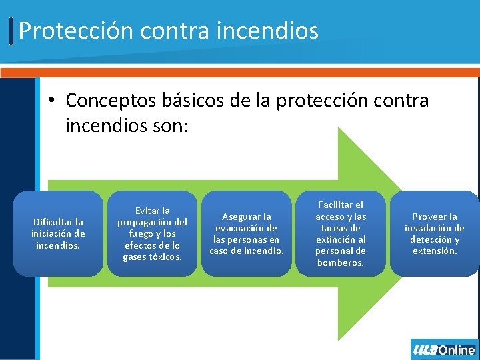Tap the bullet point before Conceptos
click(51, 101)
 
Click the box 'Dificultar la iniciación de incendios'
click(58, 233)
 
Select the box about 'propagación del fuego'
click(152, 233)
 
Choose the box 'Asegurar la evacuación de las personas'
click(247, 233)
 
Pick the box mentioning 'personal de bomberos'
click(341, 233)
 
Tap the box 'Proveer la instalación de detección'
click(435, 233)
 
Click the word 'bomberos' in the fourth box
click(341, 263)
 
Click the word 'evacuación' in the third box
click(247, 228)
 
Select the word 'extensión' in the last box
click(435, 251)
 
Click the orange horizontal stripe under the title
click(240, 73)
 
